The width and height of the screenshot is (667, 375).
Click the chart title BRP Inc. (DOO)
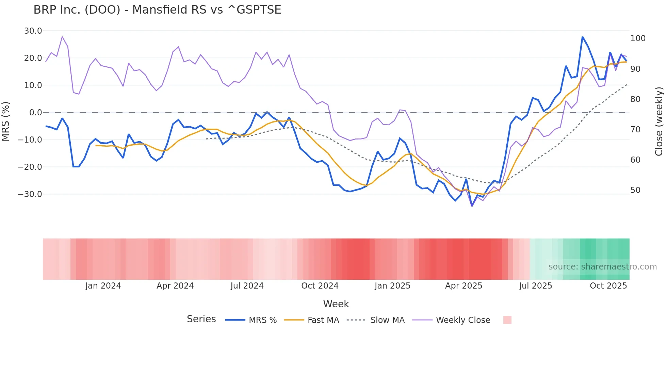157,10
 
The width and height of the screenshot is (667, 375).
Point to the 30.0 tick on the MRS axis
33,31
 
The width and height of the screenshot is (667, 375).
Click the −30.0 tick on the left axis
30,194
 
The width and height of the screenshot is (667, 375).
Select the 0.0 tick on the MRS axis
35,113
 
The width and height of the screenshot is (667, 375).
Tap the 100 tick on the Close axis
638,38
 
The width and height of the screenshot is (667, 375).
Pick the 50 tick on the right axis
635,190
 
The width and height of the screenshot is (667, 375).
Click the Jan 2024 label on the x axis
103,286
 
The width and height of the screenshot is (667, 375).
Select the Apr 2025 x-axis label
463,286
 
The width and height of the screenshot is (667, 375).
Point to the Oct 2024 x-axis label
320,286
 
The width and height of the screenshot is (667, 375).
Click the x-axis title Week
336,304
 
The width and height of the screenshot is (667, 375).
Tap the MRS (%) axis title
6,121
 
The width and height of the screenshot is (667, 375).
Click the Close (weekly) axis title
659,121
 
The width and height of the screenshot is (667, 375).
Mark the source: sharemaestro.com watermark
602,267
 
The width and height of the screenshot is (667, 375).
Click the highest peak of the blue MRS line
583,37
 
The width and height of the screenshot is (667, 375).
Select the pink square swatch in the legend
507,320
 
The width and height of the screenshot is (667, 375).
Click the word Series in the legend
201,319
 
